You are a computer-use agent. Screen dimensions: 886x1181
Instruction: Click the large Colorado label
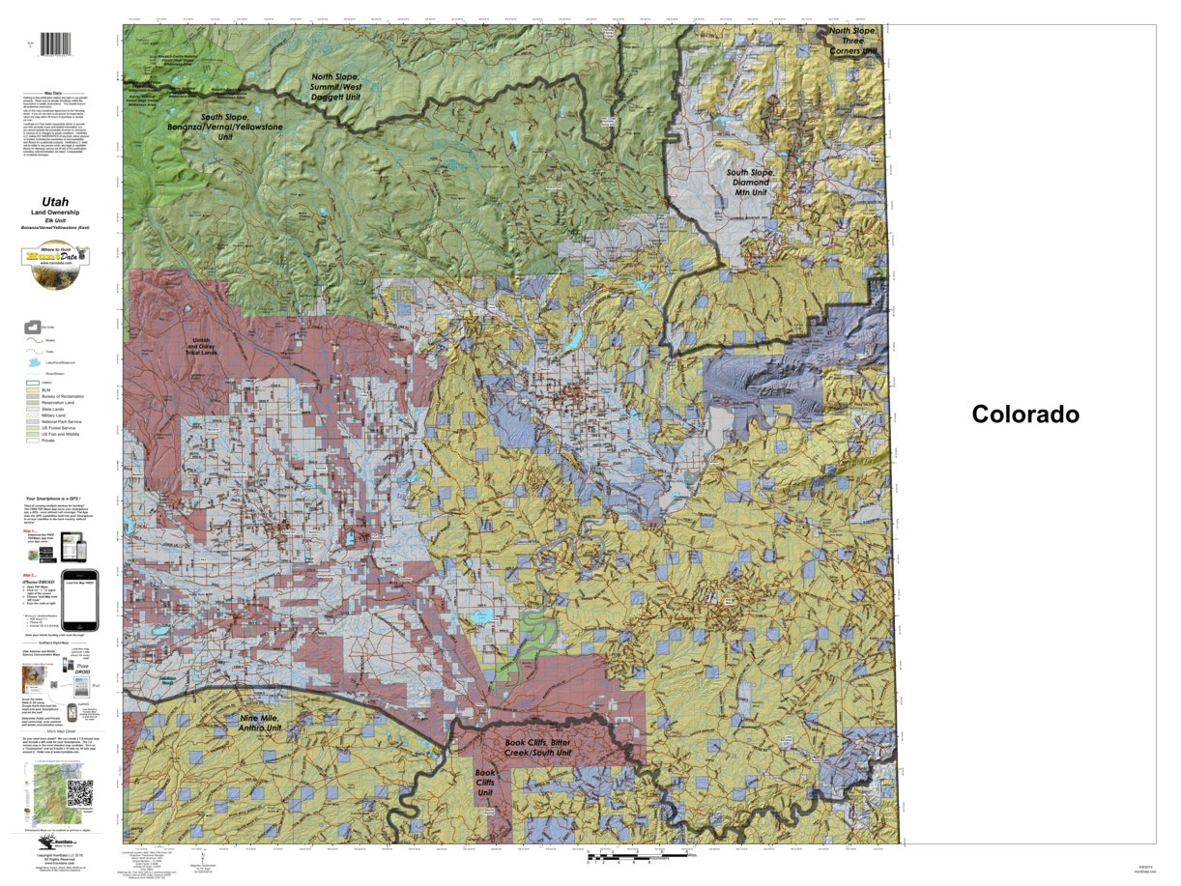pos(1025,414)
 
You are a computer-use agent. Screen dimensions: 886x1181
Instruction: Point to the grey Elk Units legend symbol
pos(32,327)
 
